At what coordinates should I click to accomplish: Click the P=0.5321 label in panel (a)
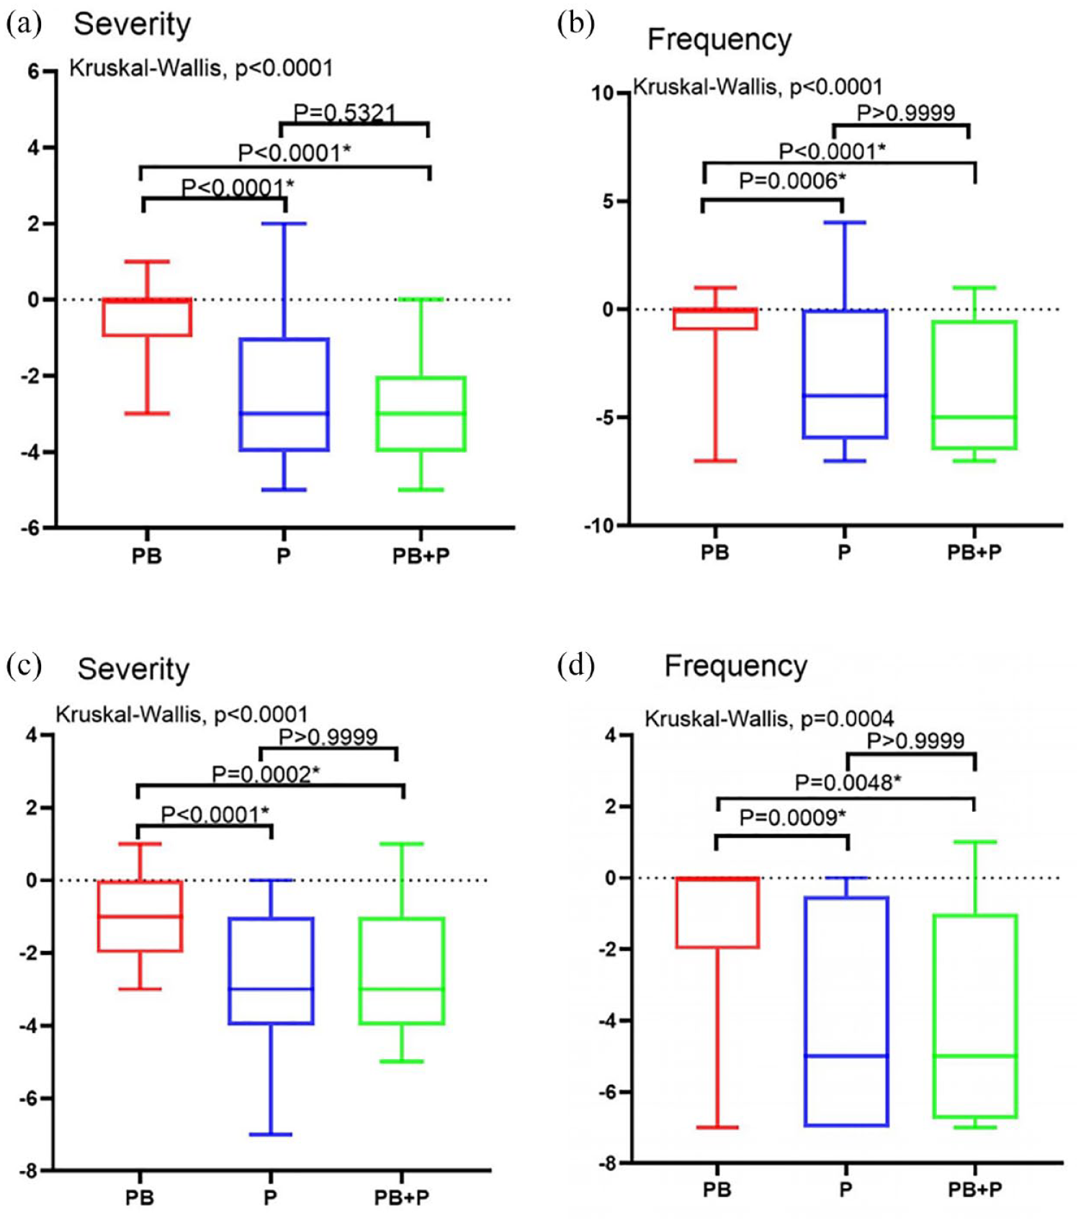click(345, 113)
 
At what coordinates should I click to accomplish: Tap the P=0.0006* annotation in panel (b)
click(792, 181)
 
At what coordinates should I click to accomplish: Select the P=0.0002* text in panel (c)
click(266, 775)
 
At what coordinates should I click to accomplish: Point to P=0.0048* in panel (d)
click(848, 782)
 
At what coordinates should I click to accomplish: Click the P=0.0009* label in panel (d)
click(793, 818)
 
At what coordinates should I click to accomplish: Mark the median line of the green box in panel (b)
click(974, 417)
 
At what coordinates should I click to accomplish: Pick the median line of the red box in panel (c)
click(140, 916)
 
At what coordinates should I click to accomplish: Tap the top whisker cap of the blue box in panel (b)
click(844, 222)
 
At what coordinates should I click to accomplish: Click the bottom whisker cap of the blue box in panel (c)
click(271, 1134)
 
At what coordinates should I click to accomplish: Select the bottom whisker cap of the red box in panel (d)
click(717, 1127)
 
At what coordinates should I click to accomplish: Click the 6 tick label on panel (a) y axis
click(34, 72)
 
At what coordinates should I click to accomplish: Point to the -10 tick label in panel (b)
click(599, 526)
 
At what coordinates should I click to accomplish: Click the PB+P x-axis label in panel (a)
click(421, 556)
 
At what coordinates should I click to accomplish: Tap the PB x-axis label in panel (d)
click(717, 1190)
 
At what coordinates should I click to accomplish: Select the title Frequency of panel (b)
click(719, 40)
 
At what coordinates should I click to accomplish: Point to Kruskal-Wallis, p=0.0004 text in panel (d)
click(769, 718)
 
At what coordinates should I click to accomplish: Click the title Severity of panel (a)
click(133, 24)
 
